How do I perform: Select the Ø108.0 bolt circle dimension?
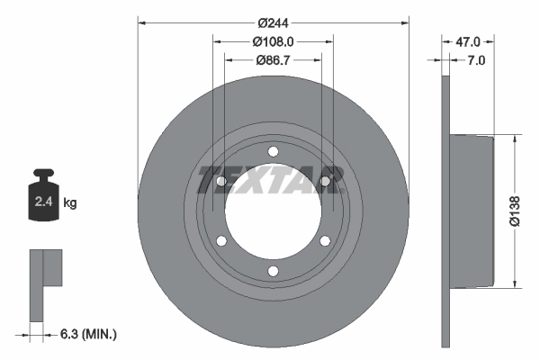(274, 40)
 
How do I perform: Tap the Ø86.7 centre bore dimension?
(274, 60)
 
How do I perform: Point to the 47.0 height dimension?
(468, 40)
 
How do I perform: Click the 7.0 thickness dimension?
(476, 60)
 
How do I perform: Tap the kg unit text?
(69, 203)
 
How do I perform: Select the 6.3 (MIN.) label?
(87, 334)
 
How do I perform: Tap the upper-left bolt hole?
(221, 181)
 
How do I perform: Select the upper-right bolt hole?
(325, 181)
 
